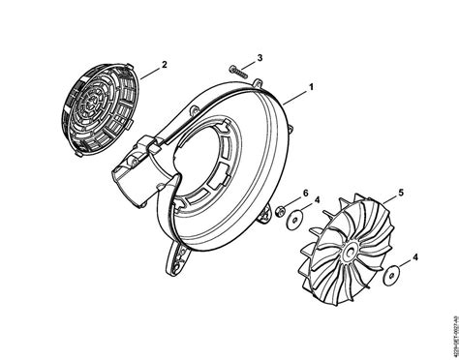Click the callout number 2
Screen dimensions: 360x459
tap(165, 65)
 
